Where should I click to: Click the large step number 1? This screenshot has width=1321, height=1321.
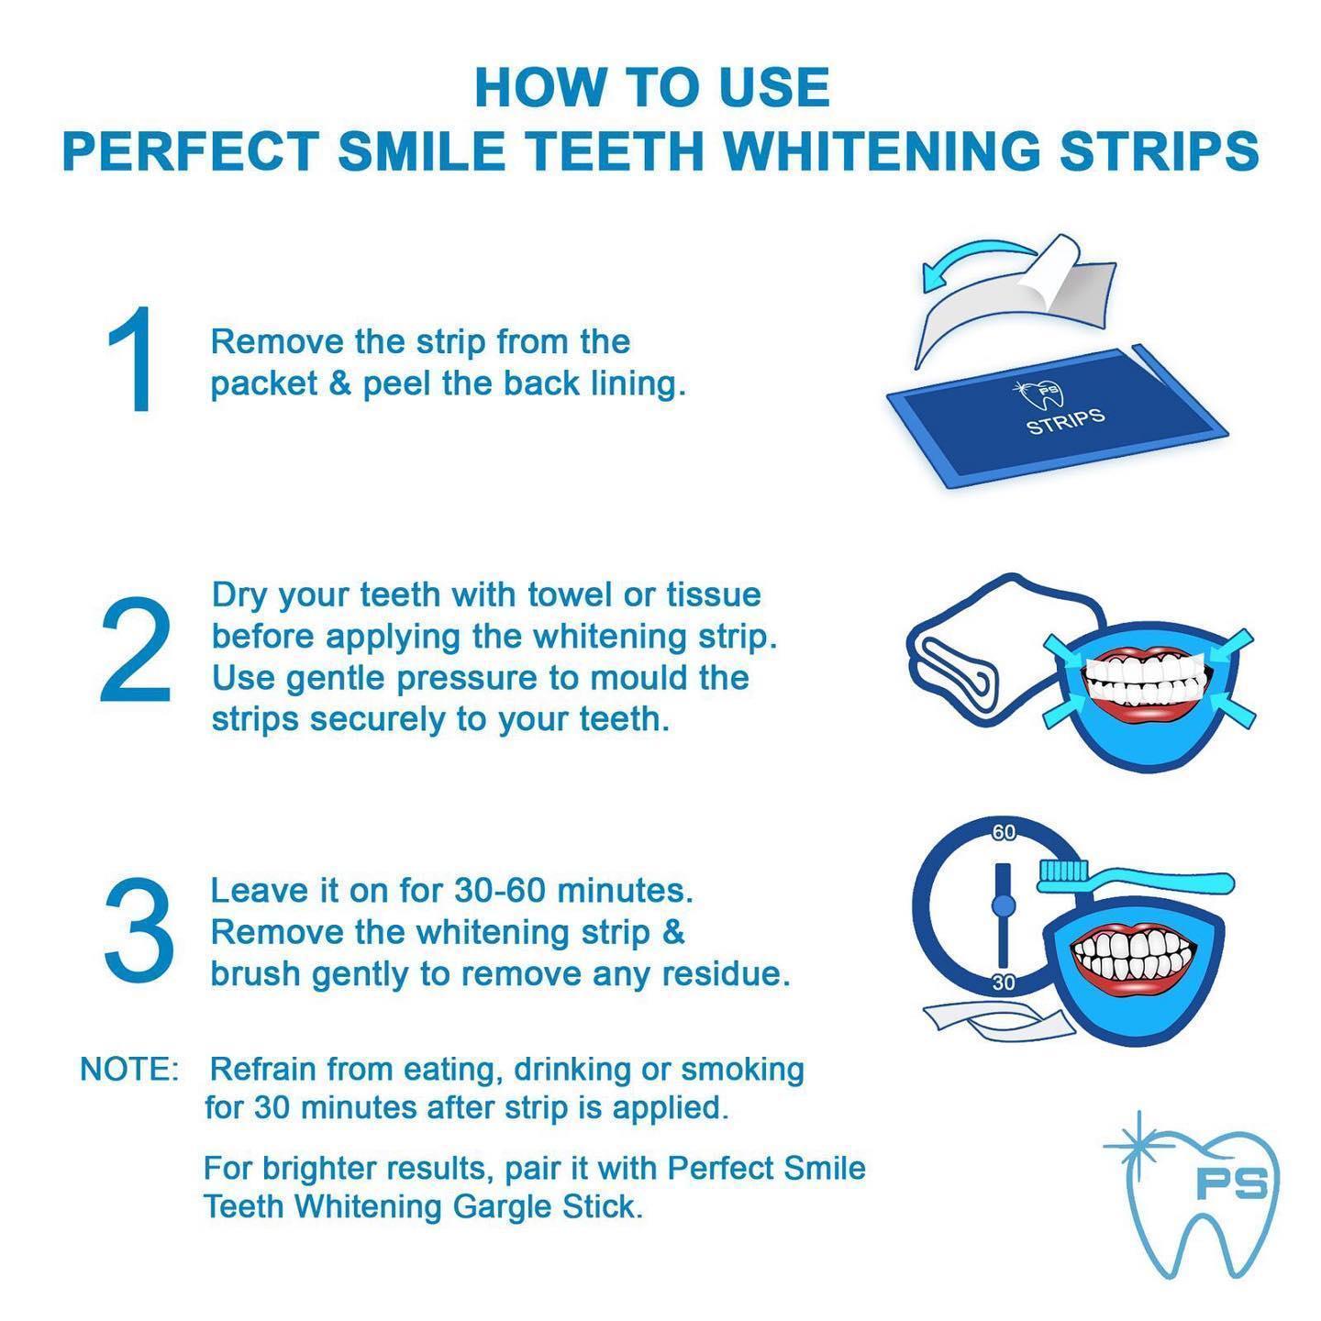[x=131, y=361]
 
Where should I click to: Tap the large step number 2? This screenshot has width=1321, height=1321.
[x=136, y=651]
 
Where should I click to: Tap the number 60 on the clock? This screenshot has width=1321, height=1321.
[x=1004, y=833]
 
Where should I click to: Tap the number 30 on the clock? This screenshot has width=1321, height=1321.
[x=1004, y=982]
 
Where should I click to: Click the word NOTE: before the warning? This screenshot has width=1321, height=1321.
[x=129, y=1070]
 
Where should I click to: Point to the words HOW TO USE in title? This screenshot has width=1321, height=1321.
[x=652, y=87]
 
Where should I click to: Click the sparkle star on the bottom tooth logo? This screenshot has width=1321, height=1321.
[x=1138, y=1147]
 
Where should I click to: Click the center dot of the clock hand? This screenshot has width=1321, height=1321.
[x=1004, y=906]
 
